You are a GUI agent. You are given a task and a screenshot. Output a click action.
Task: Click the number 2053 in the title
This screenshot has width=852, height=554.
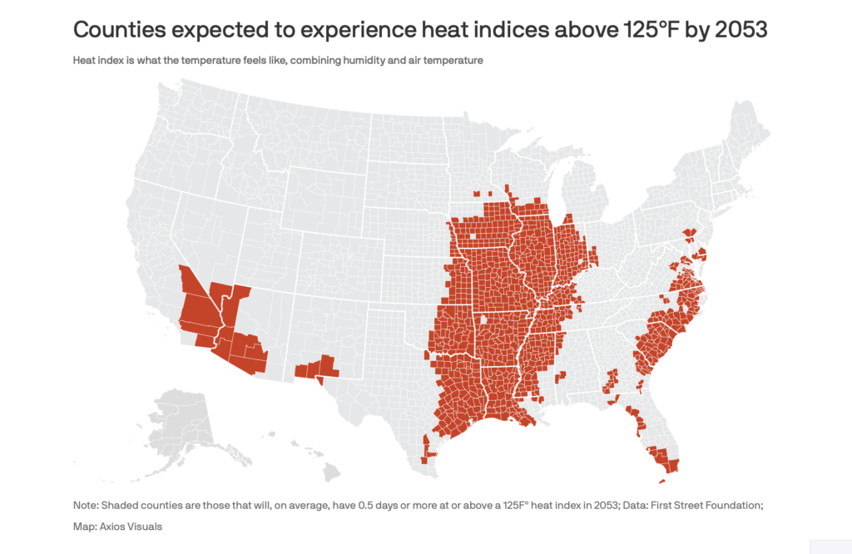(741, 30)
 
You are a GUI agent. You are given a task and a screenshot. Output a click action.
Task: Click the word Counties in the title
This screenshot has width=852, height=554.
(120, 30)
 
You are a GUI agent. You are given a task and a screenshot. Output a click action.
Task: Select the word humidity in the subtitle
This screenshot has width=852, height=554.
(363, 60)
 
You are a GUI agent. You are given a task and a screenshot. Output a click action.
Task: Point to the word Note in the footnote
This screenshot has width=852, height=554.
(85, 505)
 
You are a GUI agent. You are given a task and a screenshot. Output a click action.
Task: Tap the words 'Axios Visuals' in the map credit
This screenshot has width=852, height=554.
(131, 527)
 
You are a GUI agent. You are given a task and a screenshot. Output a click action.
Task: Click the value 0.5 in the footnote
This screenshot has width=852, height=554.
(366, 505)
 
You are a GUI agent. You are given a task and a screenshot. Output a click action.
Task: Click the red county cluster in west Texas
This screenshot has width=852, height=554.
(317, 368)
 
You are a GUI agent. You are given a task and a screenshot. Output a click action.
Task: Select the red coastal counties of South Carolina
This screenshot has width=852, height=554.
(657, 348)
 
